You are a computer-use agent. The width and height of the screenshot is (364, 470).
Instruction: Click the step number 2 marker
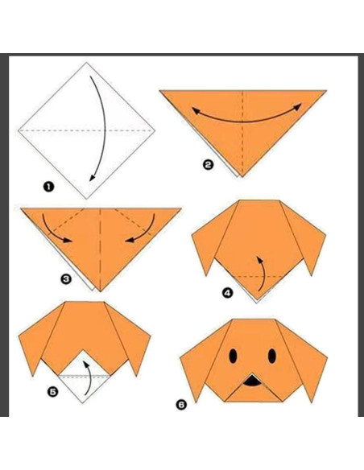pos(208,165)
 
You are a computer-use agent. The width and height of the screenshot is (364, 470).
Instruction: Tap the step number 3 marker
pos(64,280)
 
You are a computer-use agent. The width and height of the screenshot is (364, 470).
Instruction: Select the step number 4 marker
pos(227,293)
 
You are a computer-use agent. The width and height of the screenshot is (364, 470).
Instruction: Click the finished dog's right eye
pos(271,355)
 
